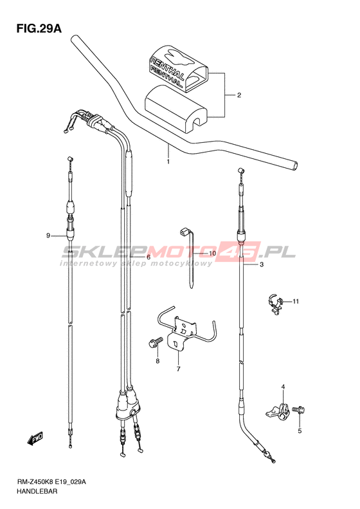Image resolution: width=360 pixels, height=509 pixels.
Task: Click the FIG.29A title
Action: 39,28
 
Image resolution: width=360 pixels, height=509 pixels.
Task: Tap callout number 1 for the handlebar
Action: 168,162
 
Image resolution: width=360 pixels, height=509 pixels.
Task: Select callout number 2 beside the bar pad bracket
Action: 239,95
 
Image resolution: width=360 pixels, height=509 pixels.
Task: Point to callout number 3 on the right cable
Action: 262,264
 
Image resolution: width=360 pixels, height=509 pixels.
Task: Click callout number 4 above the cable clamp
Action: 283,387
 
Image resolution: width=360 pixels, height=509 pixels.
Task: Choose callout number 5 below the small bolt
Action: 300,430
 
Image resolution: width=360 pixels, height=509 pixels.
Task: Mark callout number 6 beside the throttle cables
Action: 148,257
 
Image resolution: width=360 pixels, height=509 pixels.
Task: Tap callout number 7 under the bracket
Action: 178,369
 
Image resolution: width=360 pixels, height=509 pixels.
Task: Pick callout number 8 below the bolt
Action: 157,361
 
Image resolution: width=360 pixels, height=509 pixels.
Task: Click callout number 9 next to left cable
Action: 48,236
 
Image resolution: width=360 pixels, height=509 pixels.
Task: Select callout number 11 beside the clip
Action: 296,301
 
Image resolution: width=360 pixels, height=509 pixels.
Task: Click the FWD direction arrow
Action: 35,439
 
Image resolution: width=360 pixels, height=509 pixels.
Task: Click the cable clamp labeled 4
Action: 278,411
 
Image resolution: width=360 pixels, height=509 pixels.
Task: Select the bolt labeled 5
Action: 299,410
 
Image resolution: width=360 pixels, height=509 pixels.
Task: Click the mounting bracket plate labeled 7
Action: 182,333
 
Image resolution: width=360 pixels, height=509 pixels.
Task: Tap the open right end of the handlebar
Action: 294,165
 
